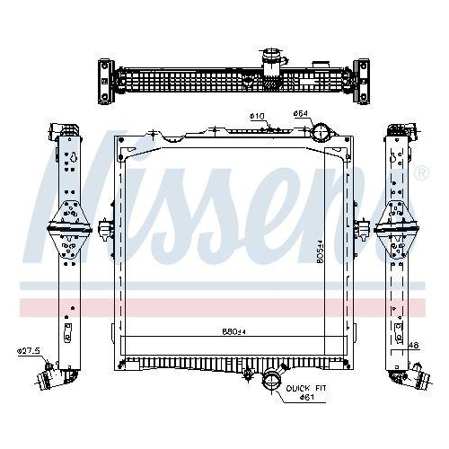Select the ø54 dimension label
point(301,114)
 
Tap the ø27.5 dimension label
point(28,349)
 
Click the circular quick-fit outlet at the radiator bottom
point(270,382)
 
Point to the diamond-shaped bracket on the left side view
point(66,228)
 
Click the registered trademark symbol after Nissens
point(421,172)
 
